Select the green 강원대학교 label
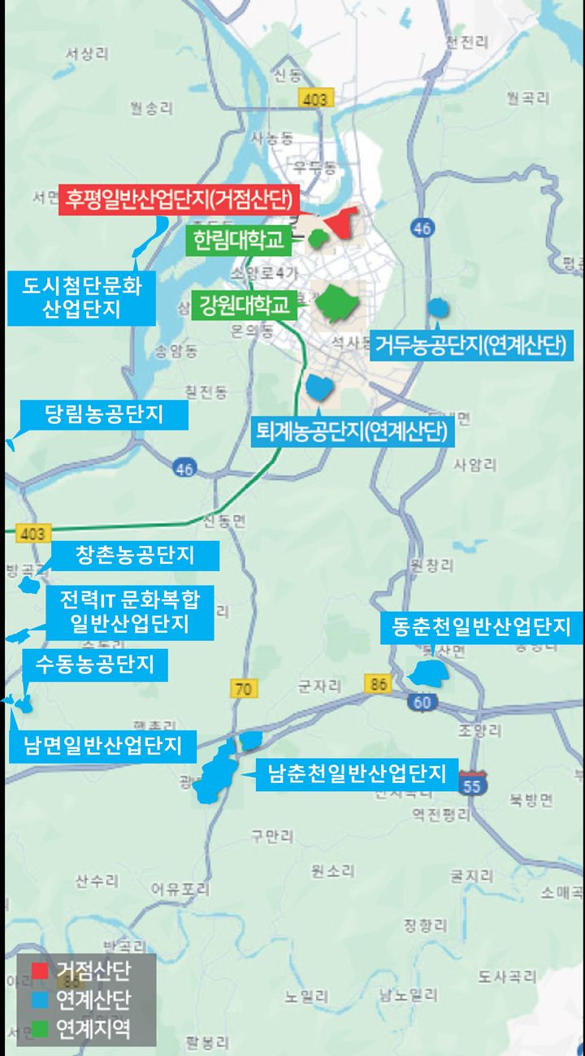tap(244, 305)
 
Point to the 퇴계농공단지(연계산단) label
tap(351, 431)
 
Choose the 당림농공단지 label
tap(103, 415)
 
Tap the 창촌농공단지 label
tap(134, 556)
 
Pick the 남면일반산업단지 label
tap(102, 745)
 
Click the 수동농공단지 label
tap(94, 665)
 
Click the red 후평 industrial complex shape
tap(341, 221)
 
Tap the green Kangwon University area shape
tap(336, 304)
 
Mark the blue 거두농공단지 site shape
tap(438, 307)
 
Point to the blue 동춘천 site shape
tap(427, 674)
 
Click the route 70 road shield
tap(243, 690)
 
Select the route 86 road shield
tap(377, 684)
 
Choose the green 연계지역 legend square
tap(40, 1029)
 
